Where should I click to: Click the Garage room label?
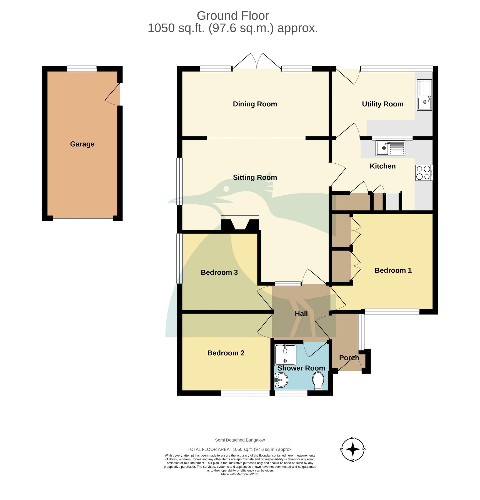pyautogui.click(x=82, y=144)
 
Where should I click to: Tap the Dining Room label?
pyautogui.click(x=255, y=104)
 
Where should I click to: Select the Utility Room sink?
pyautogui.click(x=424, y=95)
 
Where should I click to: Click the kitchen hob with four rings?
pyautogui.click(x=424, y=173)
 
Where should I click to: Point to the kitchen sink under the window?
pyautogui.click(x=390, y=148)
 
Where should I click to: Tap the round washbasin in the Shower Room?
pyautogui.click(x=281, y=380)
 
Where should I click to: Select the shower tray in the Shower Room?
pyautogui.click(x=285, y=355)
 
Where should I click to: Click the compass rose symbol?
pyautogui.click(x=353, y=449)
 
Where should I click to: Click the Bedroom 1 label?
pyautogui.click(x=393, y=270)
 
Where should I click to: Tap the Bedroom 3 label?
pyautogui.click(x=219, y=272)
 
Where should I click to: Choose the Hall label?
pyautogui.click(x=301, y=313)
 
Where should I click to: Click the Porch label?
pyautogui.click(x=349, y=358)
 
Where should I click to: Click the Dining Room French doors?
pyautogui.click(x=257, y=62)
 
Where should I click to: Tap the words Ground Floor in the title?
pyautogui.click(x=233, y=16)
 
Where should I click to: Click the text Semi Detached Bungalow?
pyautogui.click(x=240, y=440)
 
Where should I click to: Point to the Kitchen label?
pyautogui.click(x=382, y=166)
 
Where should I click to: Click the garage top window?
pyautogui.click(x=82, y=69)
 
